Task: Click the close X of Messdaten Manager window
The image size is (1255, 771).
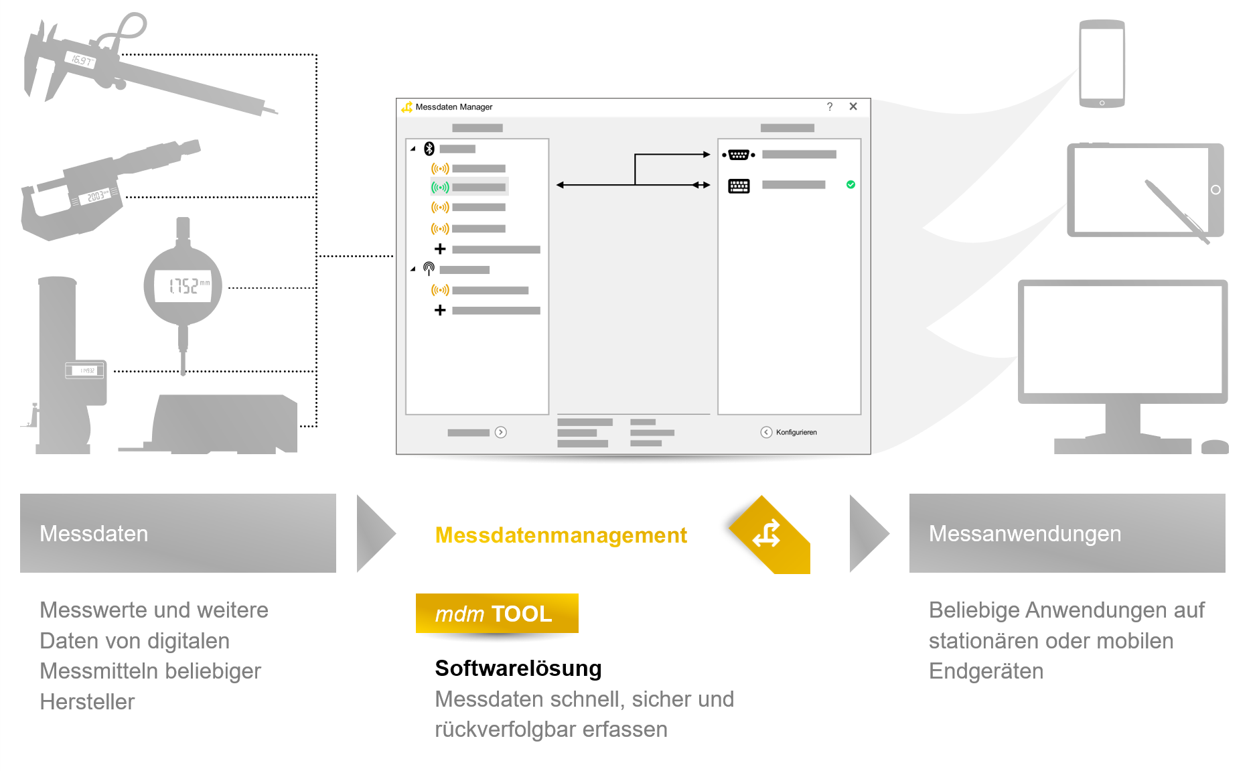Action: point(853,107)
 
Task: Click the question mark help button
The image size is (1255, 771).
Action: point(830,107)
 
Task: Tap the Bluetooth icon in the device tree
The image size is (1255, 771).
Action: point(429,149)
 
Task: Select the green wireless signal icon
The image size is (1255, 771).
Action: point(440,188)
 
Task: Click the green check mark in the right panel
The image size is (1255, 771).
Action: point(851,184)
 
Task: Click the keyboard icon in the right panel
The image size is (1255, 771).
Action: point(739,186)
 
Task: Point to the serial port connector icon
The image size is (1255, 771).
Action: point(739,155)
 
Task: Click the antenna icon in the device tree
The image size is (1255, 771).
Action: point(429,269)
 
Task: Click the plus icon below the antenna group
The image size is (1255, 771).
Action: point(440,310)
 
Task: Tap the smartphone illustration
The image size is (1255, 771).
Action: point(1102,64)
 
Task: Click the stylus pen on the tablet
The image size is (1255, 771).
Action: point(1176,211)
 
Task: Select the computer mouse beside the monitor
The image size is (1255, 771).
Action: point(1214,447)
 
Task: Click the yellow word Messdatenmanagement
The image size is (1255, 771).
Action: point(561,535)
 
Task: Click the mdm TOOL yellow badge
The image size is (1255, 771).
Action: point(496,613)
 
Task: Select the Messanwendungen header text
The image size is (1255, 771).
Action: point(1024,533)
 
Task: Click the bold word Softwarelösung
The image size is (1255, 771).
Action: point(518,668)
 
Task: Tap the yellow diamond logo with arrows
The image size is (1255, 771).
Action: point(769,535)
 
